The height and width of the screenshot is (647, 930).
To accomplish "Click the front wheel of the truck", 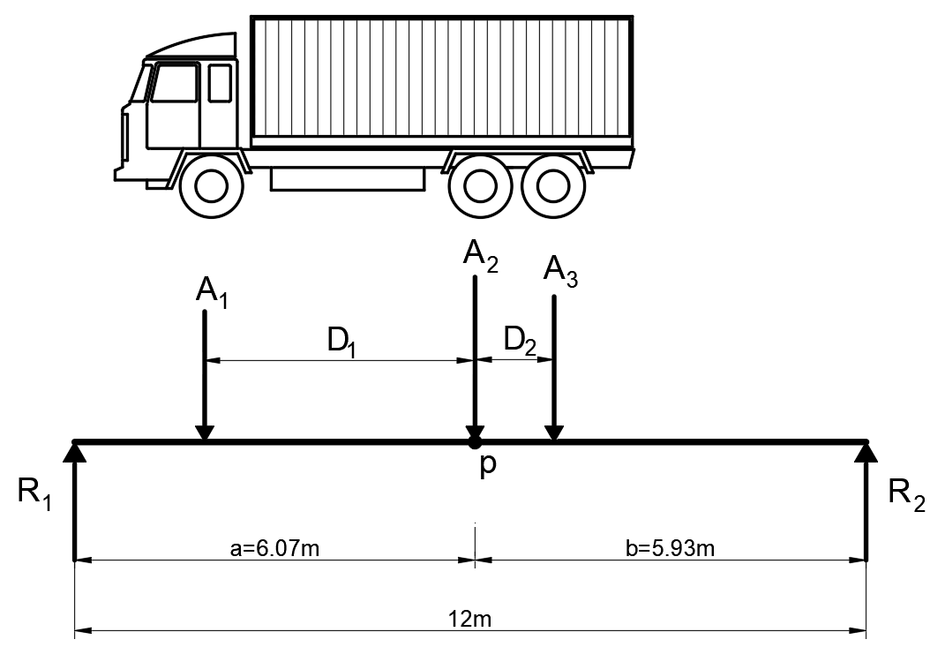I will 212,185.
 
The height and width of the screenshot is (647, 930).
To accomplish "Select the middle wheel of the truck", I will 480,185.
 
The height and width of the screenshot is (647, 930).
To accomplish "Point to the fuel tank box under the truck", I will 347,178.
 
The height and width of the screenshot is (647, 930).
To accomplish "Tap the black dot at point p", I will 475,441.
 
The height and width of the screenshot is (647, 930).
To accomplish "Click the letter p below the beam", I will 487,466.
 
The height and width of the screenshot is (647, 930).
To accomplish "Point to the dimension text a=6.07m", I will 274,549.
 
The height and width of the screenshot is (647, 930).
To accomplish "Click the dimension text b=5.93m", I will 671,549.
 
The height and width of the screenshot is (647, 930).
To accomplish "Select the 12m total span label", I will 470,619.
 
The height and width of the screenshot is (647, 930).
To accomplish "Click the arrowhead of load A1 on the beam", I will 204,433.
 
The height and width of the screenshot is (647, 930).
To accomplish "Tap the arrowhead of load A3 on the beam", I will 553,433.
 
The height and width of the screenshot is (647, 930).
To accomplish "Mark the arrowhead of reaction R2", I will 866,453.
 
